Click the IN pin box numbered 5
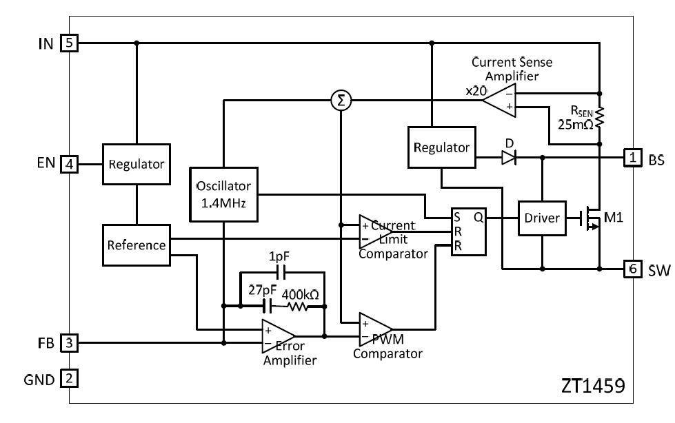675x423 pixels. (70, 43)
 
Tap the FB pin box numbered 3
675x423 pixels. (70, 342)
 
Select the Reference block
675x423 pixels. (137, 245)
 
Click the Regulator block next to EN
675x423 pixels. (137, 164)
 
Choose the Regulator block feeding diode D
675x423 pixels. (441, 147)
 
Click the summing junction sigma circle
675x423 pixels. (340, 101)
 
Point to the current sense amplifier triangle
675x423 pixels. (501, 101)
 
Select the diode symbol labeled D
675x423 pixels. (508, 158)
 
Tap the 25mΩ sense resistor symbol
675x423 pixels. (599, 118)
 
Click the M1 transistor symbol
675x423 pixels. (590, 219)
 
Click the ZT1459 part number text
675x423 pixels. (593, 384)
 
